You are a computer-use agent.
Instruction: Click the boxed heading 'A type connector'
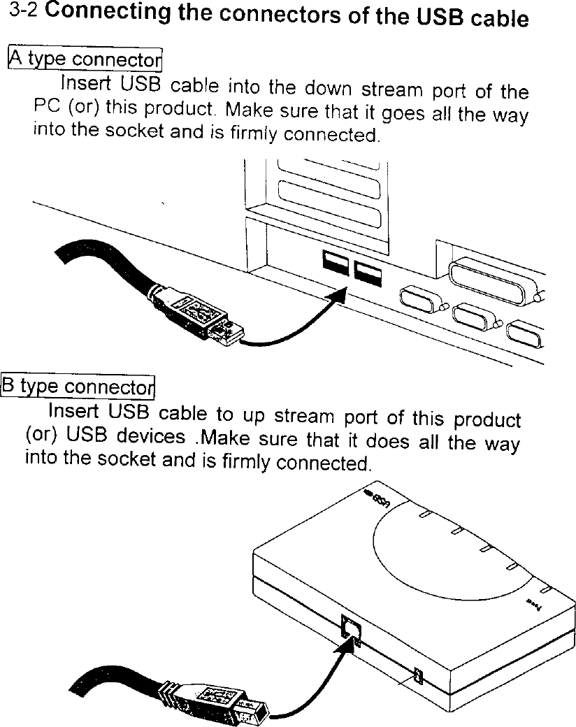pos(84,59)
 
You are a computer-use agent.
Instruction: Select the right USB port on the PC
pos(367,273)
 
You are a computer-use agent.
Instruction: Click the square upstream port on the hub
pos(350,626)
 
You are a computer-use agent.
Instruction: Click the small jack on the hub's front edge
pos(418,676)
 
